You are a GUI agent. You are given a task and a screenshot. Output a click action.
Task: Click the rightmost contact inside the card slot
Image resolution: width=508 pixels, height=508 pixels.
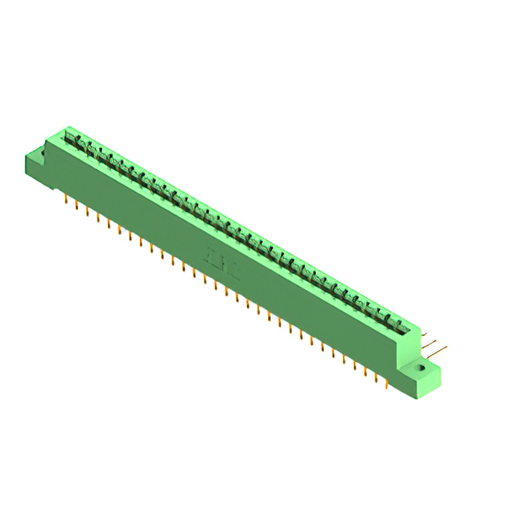399,323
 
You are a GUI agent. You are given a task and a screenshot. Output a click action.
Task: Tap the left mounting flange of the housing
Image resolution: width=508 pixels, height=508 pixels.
36,163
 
